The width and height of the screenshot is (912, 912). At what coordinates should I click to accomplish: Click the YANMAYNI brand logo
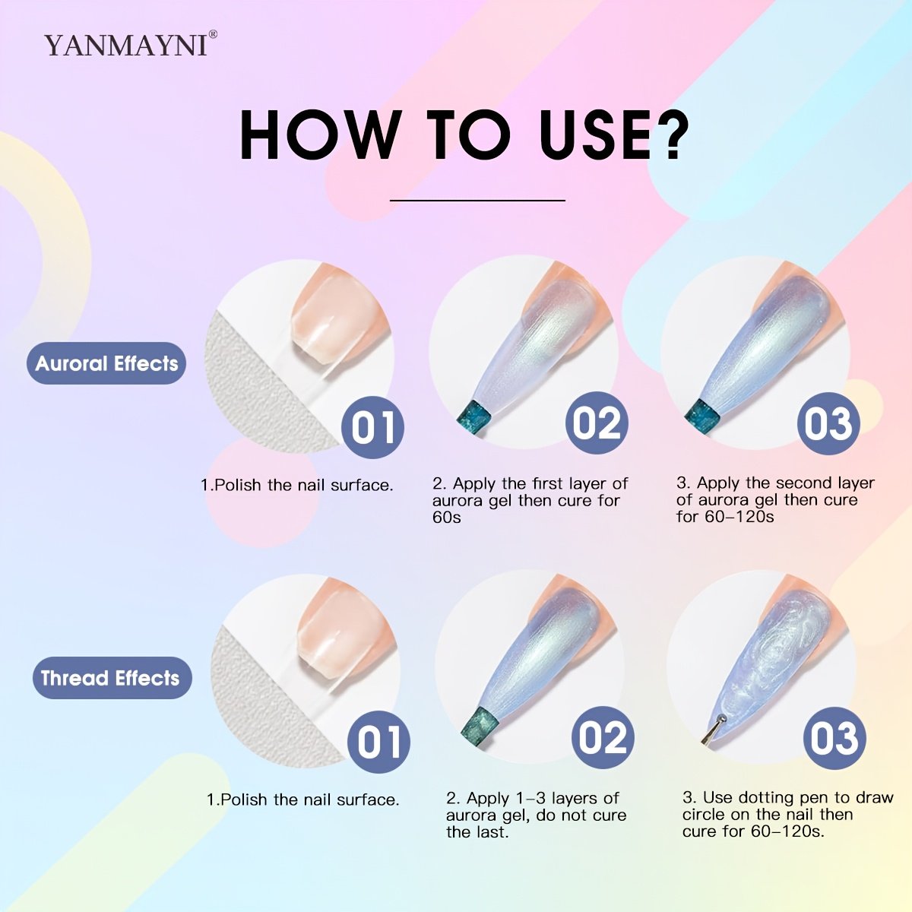click(131, 44)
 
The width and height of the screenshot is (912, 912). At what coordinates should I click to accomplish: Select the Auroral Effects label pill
click(106, 363)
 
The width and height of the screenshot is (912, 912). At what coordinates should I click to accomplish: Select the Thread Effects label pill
click(112, 678)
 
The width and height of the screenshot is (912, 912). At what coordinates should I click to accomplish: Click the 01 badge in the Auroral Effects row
click(373, 427)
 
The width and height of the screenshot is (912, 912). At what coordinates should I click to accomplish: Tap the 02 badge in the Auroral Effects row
click(597, 423)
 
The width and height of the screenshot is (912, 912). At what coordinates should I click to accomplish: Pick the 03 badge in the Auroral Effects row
click(828, 423)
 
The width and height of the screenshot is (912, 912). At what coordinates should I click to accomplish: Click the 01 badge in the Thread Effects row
click(378, 742)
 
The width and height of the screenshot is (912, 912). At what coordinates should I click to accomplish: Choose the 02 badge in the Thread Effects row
click(603, 737)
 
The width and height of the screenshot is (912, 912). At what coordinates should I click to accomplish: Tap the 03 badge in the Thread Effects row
click(834, 738)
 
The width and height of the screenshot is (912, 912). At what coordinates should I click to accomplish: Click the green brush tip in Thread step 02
click(481, 730)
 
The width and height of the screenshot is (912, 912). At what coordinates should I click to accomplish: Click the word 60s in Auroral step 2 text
click(446, 518)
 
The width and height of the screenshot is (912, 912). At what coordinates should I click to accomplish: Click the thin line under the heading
click(477, 200)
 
